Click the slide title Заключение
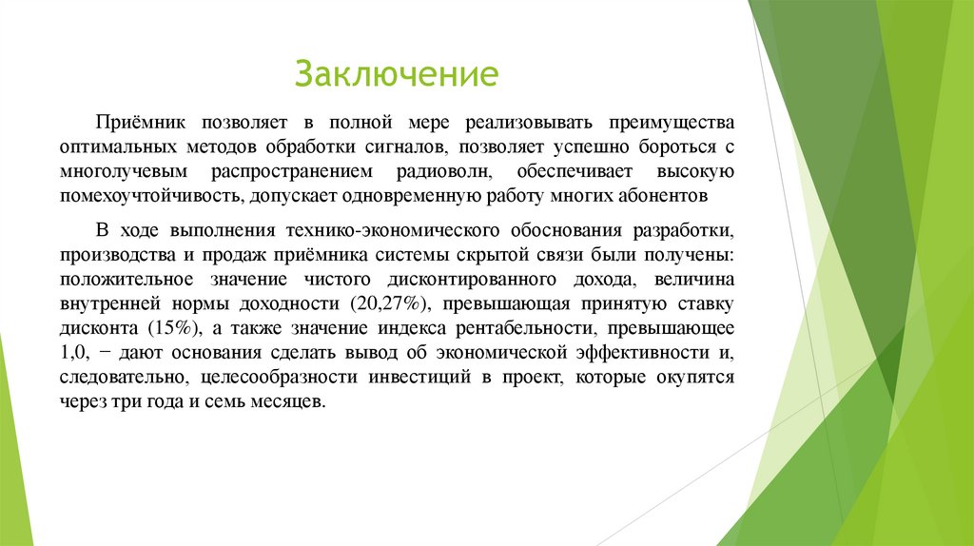tap(397, 73)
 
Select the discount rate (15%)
tap(172, 329)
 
